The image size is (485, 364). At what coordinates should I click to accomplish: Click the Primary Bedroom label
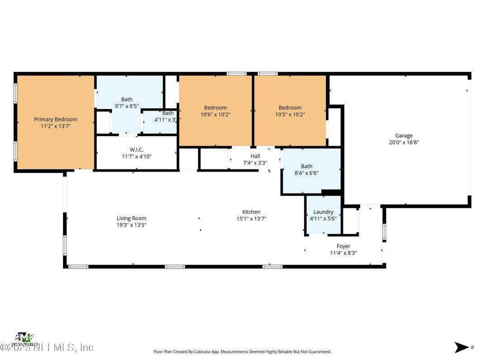point(56,120)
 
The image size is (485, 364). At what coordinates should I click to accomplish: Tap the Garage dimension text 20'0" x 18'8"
point(404,142)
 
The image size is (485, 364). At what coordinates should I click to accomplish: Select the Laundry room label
point(323,212)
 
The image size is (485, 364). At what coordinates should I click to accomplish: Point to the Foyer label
point(343,246)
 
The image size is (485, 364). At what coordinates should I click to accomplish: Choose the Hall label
point(255,156)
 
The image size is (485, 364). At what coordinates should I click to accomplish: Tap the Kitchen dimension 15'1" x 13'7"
point(251,219)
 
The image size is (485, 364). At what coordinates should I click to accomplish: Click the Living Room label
point(131,218)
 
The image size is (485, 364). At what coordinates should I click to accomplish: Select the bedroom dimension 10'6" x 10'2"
point(215,115)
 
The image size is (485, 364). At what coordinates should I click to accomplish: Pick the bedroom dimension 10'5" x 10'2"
point(290,115)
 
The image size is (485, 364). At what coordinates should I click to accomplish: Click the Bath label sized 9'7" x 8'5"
point(127,100)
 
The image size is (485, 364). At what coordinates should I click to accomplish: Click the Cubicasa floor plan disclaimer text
point(242,351)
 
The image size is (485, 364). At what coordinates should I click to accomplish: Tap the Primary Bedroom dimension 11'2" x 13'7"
point(56,126)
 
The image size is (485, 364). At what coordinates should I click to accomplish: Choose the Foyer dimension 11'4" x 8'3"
point(343,253)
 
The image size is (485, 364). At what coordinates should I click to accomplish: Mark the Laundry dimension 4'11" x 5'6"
point(323,218)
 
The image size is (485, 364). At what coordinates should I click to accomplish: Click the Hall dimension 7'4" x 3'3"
point(255,163)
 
